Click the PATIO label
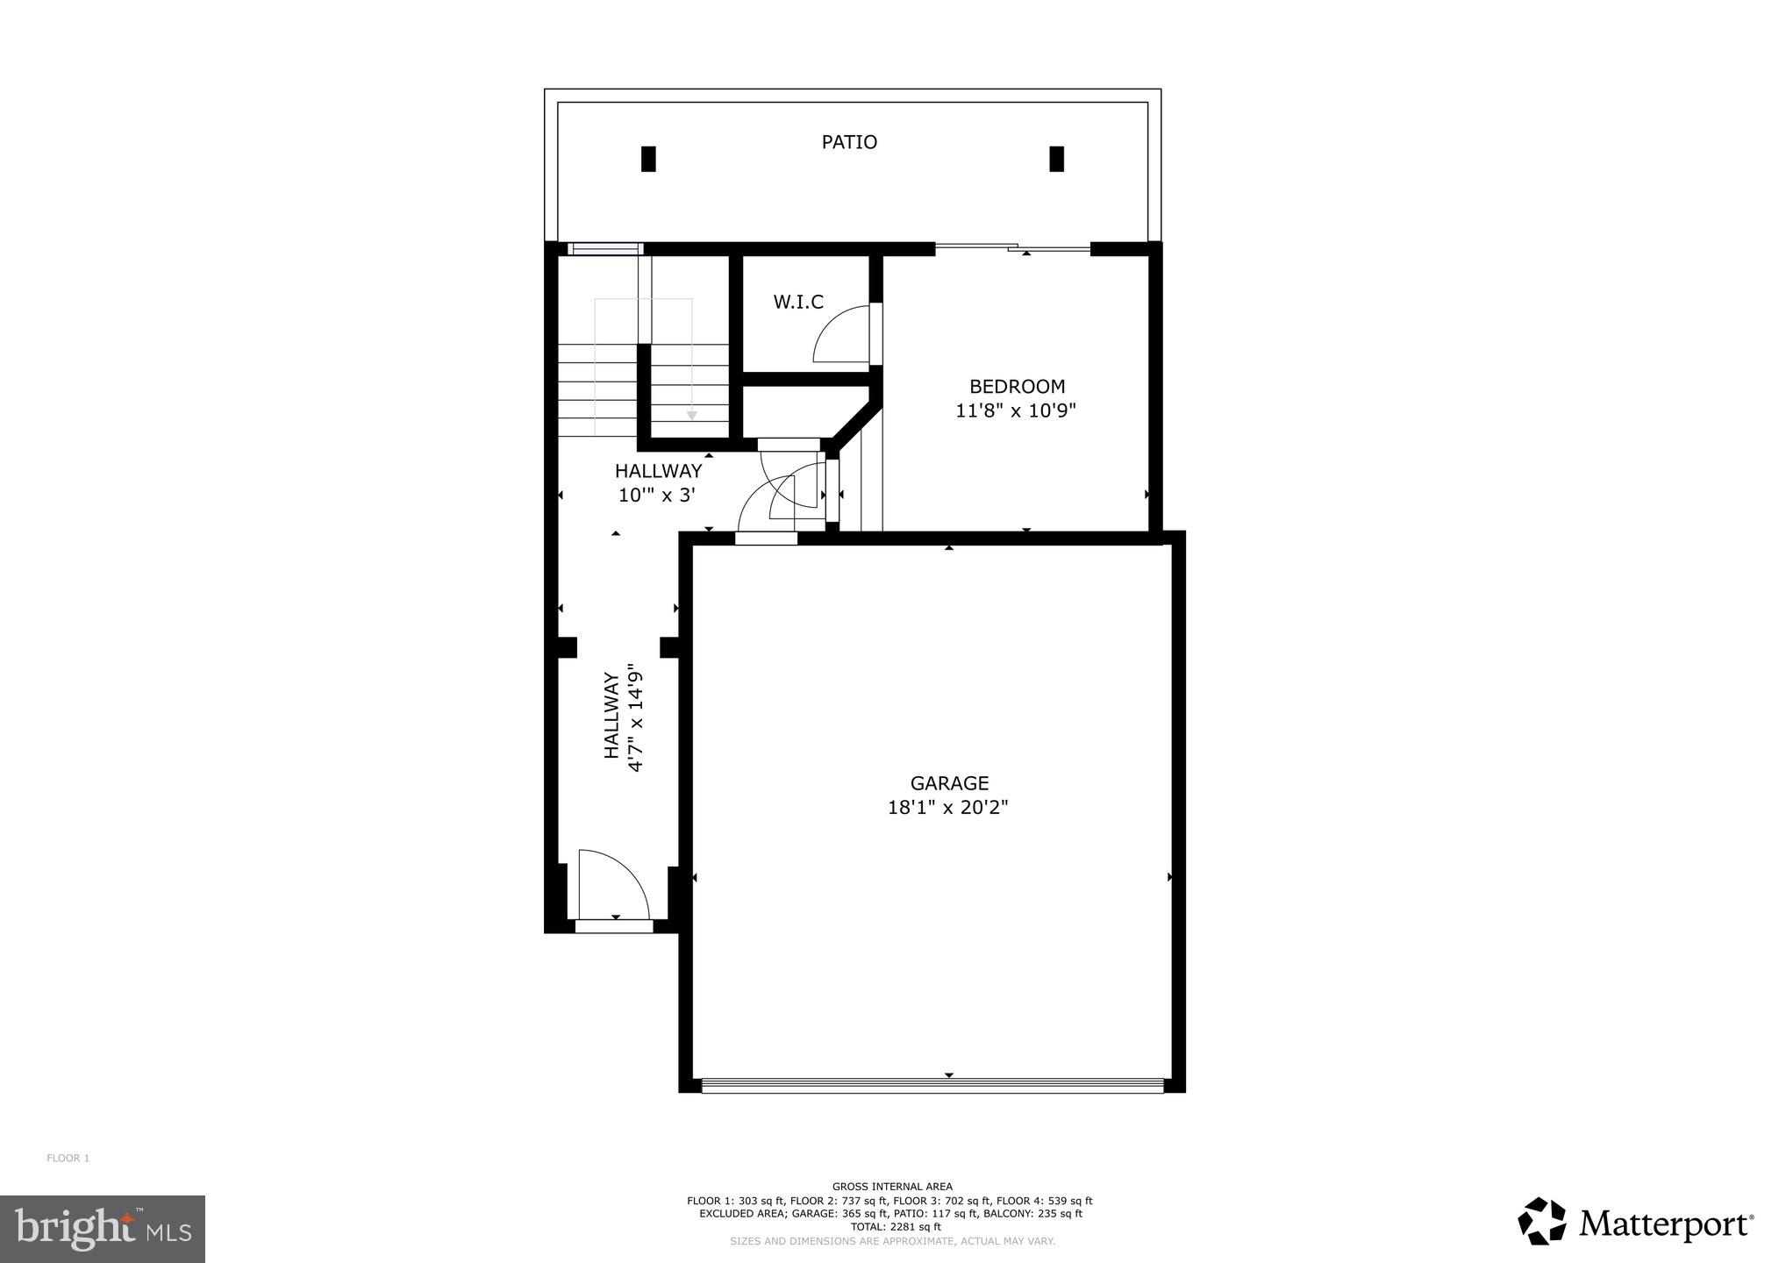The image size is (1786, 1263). [x=848, y=142]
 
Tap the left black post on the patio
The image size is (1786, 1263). [x=648, y=159]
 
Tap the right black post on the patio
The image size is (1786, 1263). [x=1056, y=159]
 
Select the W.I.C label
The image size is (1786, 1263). [x=797, y=303]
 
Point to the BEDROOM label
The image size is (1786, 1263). [x=1016, y=387]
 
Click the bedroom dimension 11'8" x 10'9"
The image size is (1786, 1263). [x=1015, y=410]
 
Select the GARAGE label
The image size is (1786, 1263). [x=948, y=783]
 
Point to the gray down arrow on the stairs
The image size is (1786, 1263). [x=691, y=414]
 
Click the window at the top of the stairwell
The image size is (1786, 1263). [x=605, y=249]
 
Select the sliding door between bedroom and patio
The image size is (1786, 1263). [x=1012, y=249]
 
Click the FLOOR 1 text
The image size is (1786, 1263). [x=68, y=1159]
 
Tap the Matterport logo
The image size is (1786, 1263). [x=1636, y=1222]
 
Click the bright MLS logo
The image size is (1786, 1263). [x=103, y=1229]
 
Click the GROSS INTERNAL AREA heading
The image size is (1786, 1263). [x=891, y=1187]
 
